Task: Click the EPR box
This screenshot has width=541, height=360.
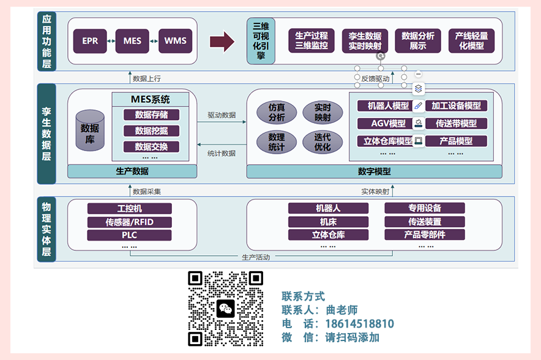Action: coord(90,41)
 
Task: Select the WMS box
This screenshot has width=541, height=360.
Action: coord(175,41)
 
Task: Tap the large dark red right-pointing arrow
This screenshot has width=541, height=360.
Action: coord(222,42)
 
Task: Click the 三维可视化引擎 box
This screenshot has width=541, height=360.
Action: coord(261,41)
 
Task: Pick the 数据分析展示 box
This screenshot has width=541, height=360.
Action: coord(418,41)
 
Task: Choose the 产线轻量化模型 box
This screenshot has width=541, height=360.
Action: coord(471,41)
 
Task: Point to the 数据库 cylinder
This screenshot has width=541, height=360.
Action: coord(90,130)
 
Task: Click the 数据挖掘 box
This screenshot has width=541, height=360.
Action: coord(151,131)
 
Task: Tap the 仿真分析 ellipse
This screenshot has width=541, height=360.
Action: coord(277,113)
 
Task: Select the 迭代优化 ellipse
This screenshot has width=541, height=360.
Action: coord(323,142)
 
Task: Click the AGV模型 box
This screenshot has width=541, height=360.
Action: coord(388,123)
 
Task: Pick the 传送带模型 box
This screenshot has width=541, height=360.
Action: coord(456,123)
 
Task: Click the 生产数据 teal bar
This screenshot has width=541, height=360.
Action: coord(132,171)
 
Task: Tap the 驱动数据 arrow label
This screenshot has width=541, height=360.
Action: coord(222,115)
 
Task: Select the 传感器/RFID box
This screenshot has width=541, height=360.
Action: coord(129,222)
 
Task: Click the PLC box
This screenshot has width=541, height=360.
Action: coord(129,235)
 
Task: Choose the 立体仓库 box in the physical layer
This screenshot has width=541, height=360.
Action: coord(328,234)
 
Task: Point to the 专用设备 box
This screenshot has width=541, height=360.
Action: coord(425,208)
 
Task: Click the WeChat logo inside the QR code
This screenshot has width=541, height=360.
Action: coord(226,309)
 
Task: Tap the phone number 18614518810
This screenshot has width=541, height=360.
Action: coord(359,324)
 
